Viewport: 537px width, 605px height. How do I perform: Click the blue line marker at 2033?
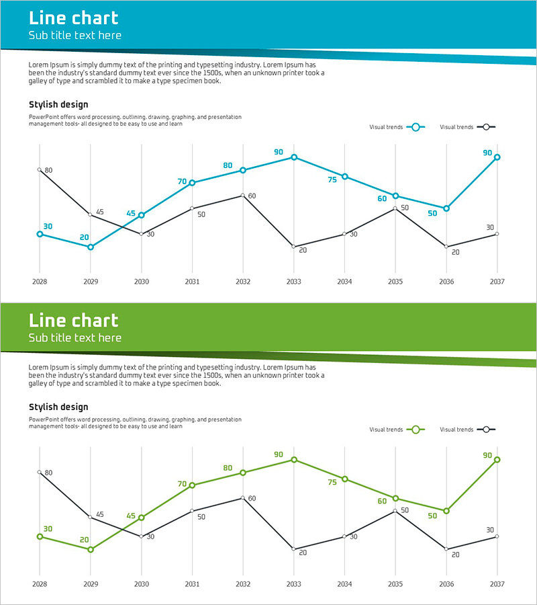tap(293, 157)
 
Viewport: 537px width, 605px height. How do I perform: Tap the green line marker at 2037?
tap(497, 460)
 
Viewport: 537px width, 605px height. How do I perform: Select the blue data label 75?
tap(332, 180)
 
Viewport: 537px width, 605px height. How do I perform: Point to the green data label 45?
tap(131, 516)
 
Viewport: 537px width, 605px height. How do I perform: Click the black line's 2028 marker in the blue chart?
tap(40, 170)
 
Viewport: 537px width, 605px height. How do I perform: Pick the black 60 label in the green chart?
tap(252, 499)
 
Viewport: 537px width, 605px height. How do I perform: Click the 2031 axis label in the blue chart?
tap(192, 281)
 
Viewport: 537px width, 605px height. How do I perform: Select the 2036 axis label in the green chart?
tap(446, 583)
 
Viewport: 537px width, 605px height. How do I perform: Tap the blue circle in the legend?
tap(416, 127)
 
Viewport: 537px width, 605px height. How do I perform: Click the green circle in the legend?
tap(416, 430)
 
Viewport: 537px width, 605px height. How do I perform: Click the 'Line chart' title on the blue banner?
tap(73, 18)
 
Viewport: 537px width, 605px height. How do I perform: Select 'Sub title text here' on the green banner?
tap(75, 337)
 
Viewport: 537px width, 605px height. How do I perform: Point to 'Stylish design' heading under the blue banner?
tap(58, 104)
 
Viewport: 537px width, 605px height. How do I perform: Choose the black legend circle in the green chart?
tap(486, 430)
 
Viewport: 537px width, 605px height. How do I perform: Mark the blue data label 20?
tap(85, 237)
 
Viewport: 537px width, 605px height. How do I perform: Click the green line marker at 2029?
tap(91, 549)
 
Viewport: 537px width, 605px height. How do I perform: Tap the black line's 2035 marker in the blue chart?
tap(395, 208)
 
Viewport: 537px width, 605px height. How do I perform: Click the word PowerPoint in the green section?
tap(44, 419)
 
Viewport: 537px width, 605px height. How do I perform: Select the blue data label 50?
tap(432, 213)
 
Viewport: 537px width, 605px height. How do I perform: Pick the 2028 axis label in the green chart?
tap(40, 583)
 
